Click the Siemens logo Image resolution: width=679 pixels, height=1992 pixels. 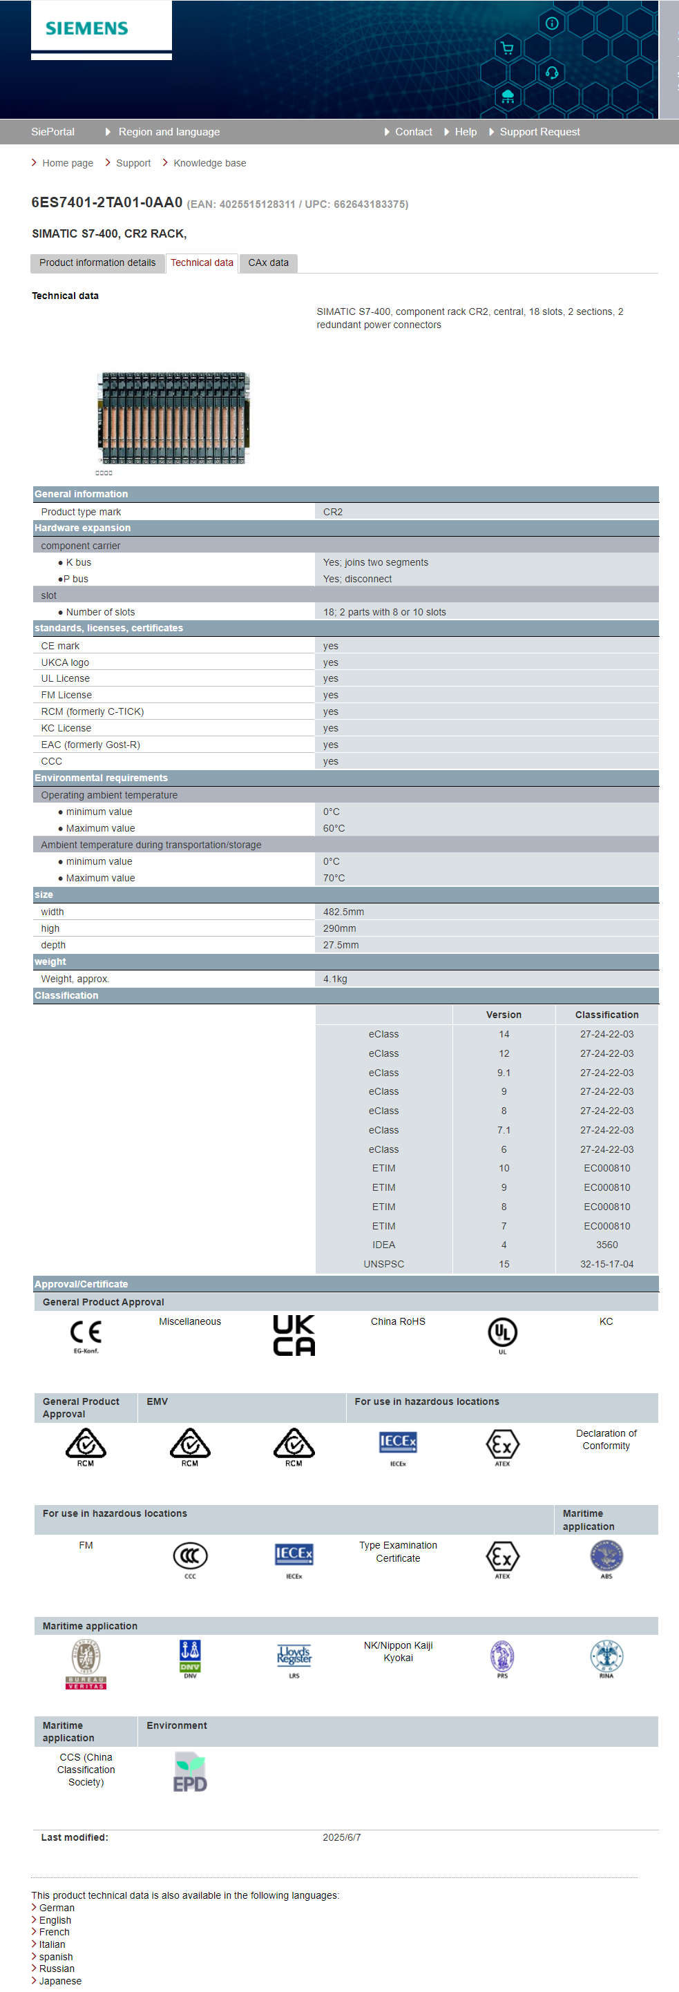pos(86,28)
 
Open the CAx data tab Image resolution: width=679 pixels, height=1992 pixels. pos(267,263)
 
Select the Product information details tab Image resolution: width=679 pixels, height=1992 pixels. pos(97,263)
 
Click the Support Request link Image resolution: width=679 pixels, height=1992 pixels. pos(539,132)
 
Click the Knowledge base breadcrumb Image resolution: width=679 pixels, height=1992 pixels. pos(209,163)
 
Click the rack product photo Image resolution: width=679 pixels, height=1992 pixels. pos(173,419)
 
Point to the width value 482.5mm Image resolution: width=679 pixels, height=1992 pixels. pos(343,912)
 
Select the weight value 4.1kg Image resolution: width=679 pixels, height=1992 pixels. pos(335,979)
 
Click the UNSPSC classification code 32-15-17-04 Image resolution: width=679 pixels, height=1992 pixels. pos(606,1264)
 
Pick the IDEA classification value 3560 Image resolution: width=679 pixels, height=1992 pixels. pos(606,1245)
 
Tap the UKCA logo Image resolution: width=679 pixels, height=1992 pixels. pos(294,1335)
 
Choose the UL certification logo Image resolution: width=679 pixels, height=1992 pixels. pos(502,1333)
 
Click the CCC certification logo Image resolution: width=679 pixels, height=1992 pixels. pos(190,1556)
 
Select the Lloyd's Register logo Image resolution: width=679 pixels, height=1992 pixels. pos(294,1656)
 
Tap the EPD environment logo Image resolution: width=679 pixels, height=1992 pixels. pos(190,1772)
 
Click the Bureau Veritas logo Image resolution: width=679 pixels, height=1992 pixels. pos(86,1664)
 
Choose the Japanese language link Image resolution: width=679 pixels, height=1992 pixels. pos(60,1981)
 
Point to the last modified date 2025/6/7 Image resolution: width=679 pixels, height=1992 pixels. pos(342,1837)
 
